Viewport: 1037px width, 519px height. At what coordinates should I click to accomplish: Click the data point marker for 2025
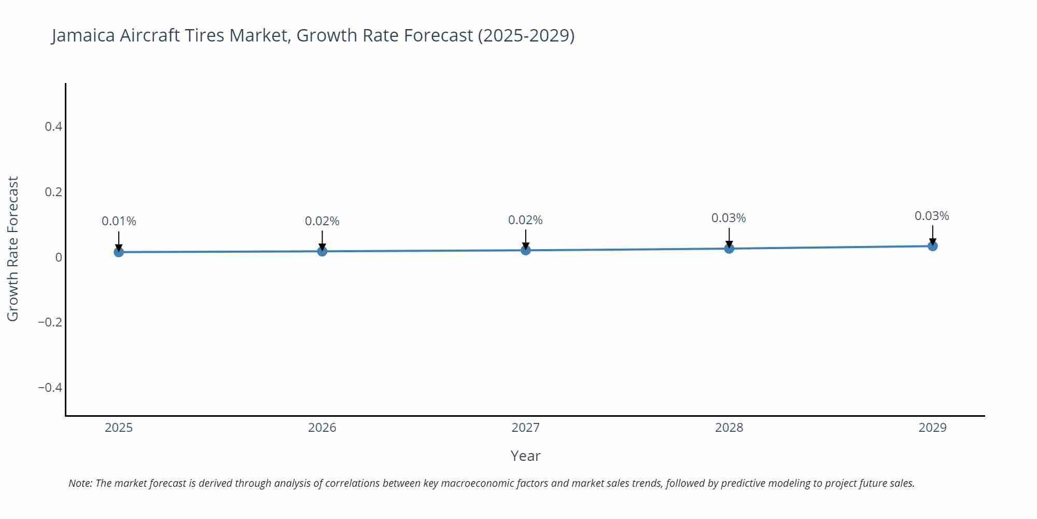click(x=119, y=252)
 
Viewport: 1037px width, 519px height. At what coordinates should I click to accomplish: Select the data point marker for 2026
click(x=322, y=251)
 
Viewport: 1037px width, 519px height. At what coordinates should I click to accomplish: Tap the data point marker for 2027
click(x=526, y=250)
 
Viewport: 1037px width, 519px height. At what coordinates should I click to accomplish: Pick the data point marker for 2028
click(x=729, y=249)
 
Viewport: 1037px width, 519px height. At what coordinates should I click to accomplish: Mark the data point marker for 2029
click(x=932, y=246)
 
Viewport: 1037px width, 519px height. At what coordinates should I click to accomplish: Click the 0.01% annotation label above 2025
click(x=119, y=221)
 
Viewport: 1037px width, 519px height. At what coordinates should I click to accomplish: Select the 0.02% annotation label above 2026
click(x=322, y=221)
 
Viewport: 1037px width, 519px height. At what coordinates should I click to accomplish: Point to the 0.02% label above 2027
click(x=525, y=220)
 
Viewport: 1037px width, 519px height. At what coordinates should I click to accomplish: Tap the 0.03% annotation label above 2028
click(x=728, y=218)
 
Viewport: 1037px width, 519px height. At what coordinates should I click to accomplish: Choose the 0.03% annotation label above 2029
click(x=932, y=216)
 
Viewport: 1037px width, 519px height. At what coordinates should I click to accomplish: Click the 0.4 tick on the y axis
click(x=53, y=127)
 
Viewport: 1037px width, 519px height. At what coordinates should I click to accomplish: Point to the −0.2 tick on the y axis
click(x=50, y=322)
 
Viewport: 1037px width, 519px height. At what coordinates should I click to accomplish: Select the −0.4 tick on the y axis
click(x=50, y=388)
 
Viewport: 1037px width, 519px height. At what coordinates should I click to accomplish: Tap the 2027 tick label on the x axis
click(x=525, y=428)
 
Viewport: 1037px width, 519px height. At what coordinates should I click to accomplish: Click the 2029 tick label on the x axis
click(x=932, y=428)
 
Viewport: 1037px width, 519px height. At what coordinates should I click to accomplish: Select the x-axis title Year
click(x=525, y=456)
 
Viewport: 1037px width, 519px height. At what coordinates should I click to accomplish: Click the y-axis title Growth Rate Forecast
click(x=13, y=249)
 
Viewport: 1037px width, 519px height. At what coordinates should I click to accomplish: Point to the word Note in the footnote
click(x=80, y=483)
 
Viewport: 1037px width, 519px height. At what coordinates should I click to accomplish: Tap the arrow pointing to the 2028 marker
click(x=729, y=237)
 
